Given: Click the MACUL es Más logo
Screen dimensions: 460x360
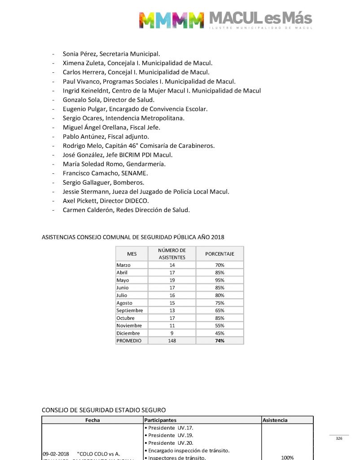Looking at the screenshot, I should (x=225, y=20).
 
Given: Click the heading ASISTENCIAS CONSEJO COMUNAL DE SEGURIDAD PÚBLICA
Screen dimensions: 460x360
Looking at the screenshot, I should (x=133, y=237).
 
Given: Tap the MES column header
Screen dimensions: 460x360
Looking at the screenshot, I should (x=132, y=254).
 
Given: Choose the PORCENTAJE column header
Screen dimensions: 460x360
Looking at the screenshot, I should (x=220, y=254).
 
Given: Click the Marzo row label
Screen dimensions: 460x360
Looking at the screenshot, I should (x=123, y=265).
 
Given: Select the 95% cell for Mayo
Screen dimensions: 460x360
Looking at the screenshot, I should (x=220, y=280).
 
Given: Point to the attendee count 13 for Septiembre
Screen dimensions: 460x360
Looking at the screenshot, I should (x=172, y=310).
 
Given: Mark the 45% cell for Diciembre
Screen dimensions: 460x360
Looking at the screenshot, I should (x=220, y=333).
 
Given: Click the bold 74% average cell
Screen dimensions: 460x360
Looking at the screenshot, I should (x=220, y=341).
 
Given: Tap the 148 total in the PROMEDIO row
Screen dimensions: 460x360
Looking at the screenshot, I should (x=172, y=341).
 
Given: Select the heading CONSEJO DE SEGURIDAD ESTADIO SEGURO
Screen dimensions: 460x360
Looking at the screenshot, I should (x=104, y=410).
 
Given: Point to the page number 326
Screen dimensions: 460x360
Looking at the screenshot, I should (x=339, y=438).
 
